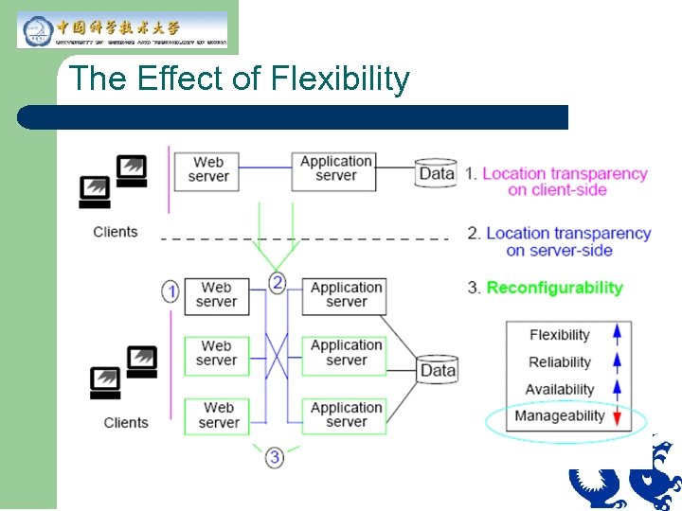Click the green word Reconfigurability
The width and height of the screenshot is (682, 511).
point(554,288)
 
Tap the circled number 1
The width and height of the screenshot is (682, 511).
point(170,291)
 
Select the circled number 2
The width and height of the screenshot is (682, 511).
point(277,282)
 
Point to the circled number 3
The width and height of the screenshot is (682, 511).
point(275,457)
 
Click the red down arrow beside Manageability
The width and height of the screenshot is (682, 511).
point(617,416)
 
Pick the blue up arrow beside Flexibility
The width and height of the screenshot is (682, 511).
point(617,334)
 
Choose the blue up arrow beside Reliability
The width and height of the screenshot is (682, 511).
point(617,361)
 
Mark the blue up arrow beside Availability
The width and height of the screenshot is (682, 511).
point(617,389)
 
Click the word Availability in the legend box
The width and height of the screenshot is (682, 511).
point(559,389)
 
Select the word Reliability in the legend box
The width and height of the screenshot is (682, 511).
point(559,361)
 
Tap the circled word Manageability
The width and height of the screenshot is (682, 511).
point(559,416)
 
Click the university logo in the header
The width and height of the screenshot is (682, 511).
point(122,29)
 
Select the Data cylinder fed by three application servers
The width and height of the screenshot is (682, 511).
point(438,370)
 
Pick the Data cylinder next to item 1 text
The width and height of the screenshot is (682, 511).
point(437,173)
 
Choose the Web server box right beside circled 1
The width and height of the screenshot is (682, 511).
point(216,294)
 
